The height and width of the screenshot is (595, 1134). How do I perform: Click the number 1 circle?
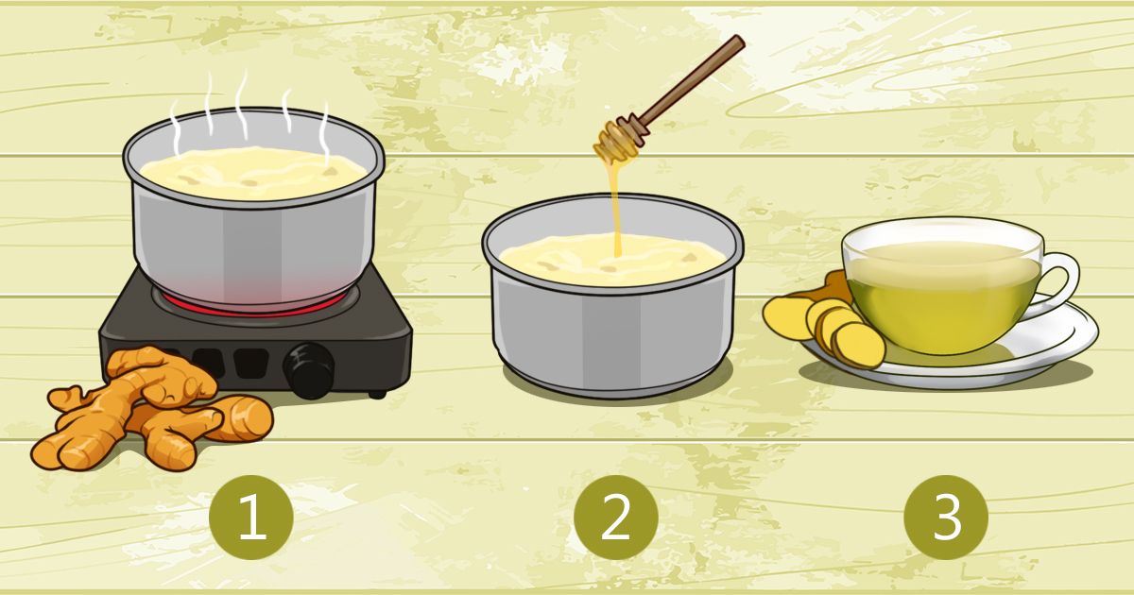251,518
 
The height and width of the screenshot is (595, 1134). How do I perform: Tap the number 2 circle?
615,518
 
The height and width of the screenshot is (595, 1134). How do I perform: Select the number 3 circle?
946,518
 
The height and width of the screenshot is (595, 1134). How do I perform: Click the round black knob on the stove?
309,370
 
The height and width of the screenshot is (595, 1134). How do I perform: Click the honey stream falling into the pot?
615,208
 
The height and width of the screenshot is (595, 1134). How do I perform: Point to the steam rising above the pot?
248,112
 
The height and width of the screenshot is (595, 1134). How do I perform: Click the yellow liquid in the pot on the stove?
253,173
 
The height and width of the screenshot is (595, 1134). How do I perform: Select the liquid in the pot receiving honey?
612,259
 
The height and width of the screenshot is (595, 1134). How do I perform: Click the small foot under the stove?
377,394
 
